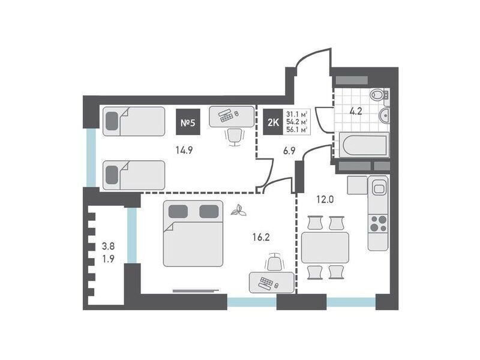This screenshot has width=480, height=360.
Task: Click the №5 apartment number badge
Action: tap(188, 122)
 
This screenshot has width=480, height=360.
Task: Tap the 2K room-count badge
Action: tap(274, 122)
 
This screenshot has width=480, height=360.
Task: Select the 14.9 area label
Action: tap(184, 150)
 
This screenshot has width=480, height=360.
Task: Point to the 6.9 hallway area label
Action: tap(289, 151)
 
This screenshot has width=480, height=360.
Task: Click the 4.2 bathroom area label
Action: tap(356, 111)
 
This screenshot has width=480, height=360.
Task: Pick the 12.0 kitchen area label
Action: tap(325, 200)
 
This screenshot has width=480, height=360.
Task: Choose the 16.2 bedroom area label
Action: tap(261, 237)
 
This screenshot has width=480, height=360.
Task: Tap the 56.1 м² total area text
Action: tap(296, 130)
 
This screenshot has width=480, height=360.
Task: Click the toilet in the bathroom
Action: tap(379, 94)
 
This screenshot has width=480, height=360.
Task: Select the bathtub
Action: tap(364, 145)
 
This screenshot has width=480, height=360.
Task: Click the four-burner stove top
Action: tap(379, 223)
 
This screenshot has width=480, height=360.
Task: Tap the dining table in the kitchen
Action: tap(325, 248)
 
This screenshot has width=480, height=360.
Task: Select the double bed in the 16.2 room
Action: tap(193, 233)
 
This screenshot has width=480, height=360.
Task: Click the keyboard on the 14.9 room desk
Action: tap(226, 115)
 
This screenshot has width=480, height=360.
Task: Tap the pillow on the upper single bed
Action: tap(112, 121)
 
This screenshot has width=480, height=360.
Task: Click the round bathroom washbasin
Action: tap(385, 115)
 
